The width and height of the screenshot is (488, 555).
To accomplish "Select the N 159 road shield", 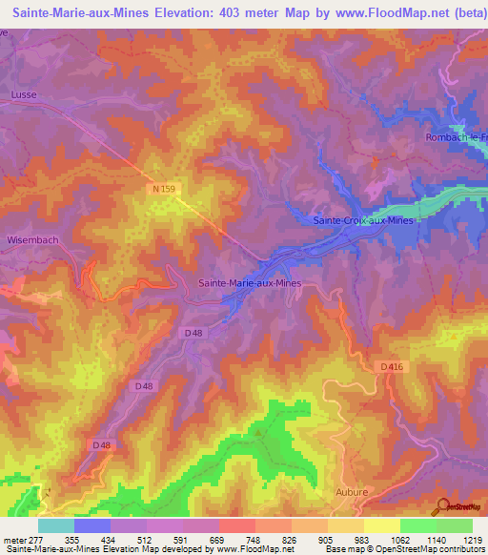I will coord(162,191).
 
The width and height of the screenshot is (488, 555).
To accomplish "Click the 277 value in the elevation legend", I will coord(38,540).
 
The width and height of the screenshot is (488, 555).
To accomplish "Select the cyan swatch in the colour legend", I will coord(56,525).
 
